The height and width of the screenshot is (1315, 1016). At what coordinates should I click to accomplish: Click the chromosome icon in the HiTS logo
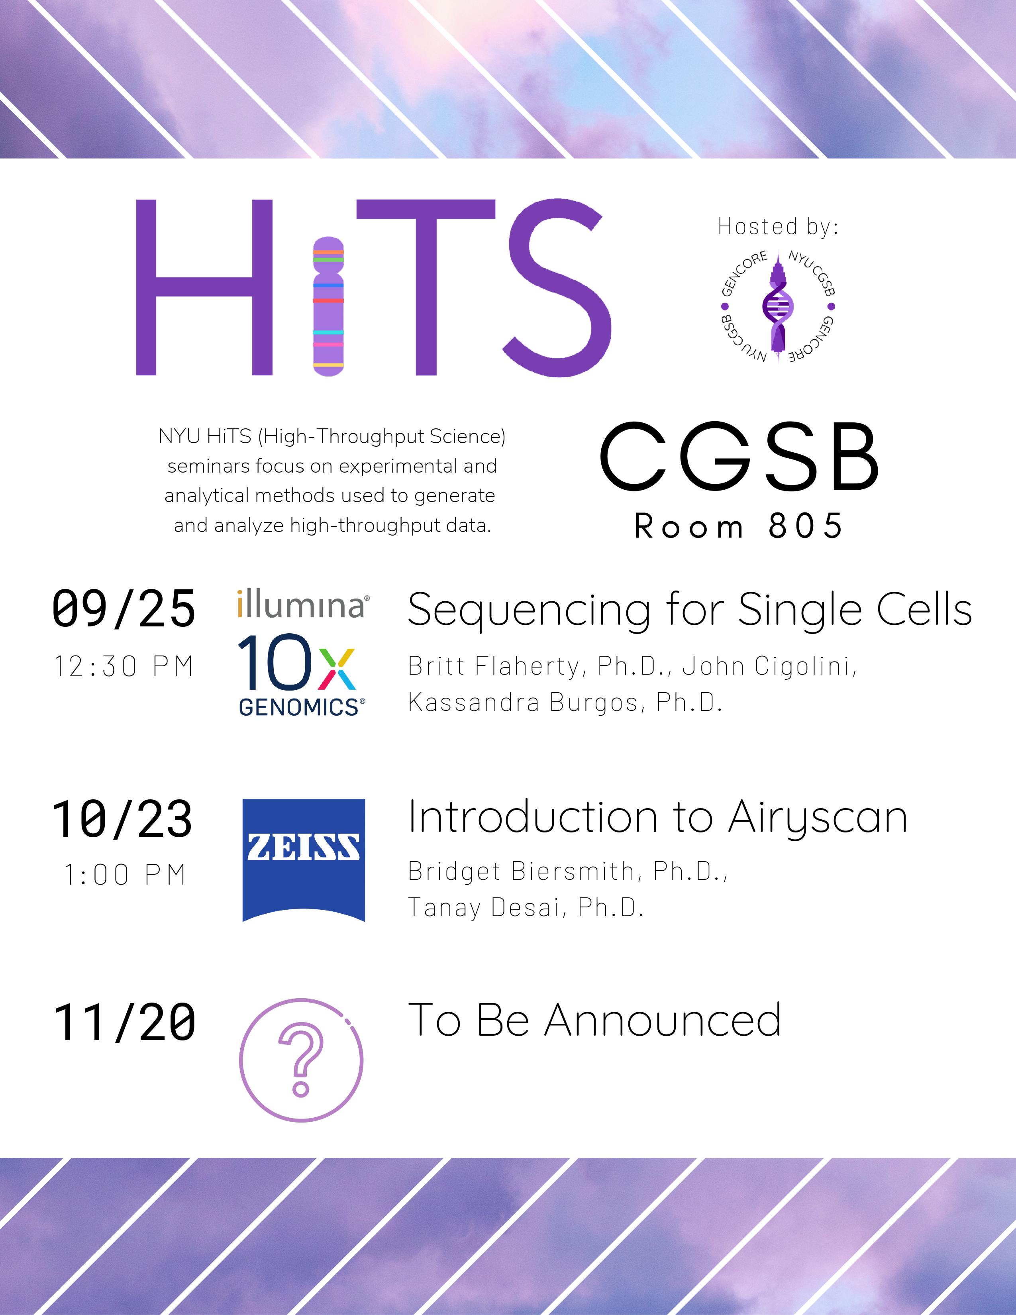click(x=328, y=306)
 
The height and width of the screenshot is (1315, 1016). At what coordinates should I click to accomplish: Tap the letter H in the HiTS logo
click(x=205, y=287)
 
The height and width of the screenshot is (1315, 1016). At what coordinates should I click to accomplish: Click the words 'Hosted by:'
click(x=778, y=227)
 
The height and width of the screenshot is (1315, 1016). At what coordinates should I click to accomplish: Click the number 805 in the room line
click(x=805, y=526)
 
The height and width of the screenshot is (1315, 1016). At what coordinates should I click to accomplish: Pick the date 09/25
click(x=124, y=609)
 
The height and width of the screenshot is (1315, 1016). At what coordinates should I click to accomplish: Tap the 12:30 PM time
click(x=124, y=667)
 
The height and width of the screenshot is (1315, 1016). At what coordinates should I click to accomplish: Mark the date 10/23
click(x=123, y=819)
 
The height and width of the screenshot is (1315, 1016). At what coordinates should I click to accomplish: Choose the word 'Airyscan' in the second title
click(x=817, y=819)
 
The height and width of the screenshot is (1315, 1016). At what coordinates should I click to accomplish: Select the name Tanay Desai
click(x=486, y=907)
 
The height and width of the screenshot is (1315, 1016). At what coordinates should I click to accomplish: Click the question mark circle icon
click(x=301, y=1062)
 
